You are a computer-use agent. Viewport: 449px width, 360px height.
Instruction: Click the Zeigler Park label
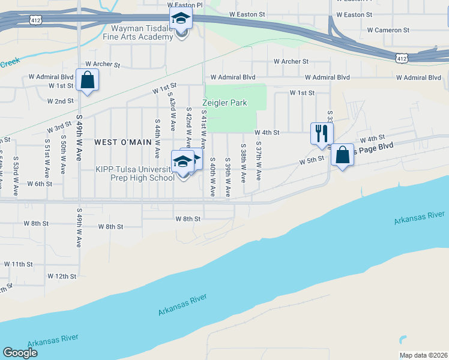click(225, 103)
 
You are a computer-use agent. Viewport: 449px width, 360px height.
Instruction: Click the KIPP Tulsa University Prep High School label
click(135, 173)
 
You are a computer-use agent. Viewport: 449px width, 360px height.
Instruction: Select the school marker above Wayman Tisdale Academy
click(180, 19)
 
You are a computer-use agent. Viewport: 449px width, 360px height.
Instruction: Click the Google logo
click(20, 353)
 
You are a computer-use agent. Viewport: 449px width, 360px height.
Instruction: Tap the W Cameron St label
click(388, 29)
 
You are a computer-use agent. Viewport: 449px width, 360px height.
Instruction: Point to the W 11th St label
click(18, 264)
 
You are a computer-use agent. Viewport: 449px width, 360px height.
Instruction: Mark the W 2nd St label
click(60, 101)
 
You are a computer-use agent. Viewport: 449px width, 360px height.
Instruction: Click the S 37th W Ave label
click(259, 161)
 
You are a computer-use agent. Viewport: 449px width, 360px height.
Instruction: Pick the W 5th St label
click(312, 160)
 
